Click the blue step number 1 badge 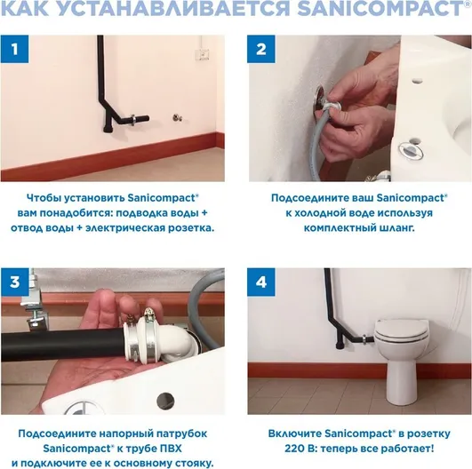pyautogui.click(x=14, y=49)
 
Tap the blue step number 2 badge pyautogui.click(x=261, y=49)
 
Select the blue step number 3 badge pyautogui.click(x=14, y=282)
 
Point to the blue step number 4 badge pyautogui.click(x=261, y=282)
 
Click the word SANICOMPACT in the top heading pyautogui.click(x=380, y=8)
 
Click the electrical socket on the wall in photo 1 pyautogui.click(x=204, y=54)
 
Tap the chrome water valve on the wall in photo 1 pyautogui.click(x=177, y=117)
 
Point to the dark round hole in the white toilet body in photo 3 pyautogui.click(x=165, y=401)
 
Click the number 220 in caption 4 pyautogui.click(x=294, y=449)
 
